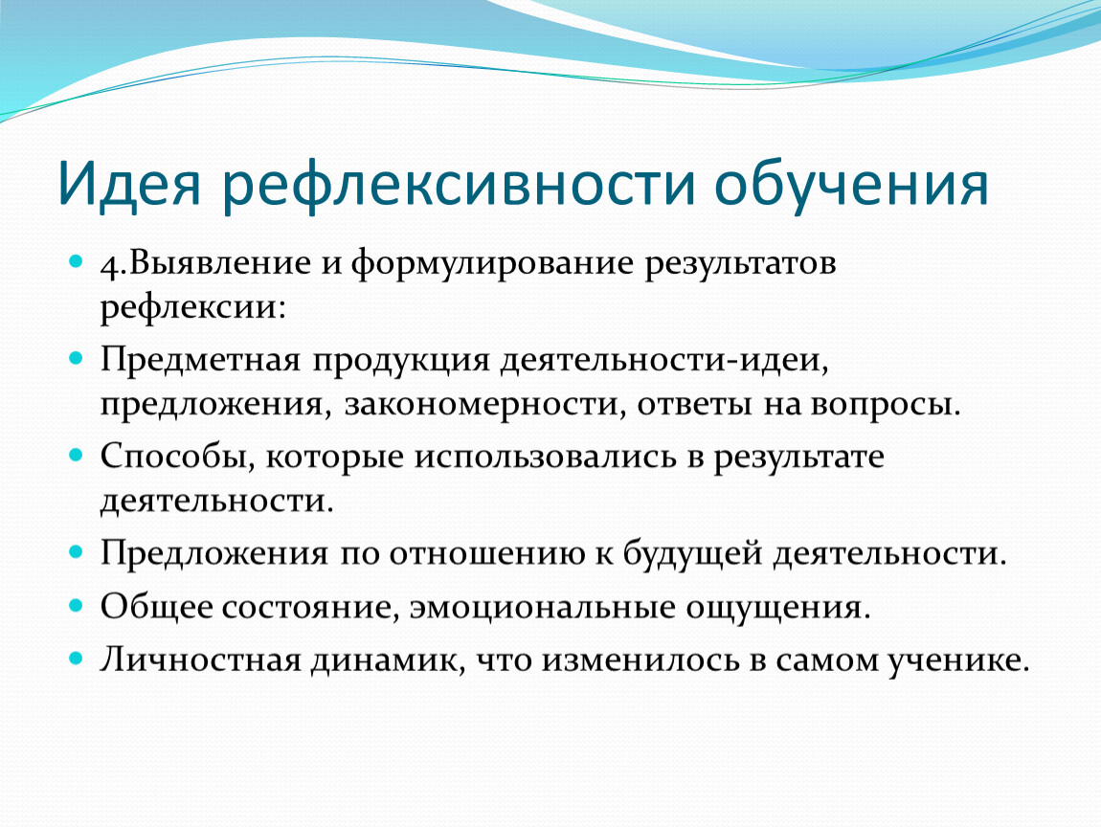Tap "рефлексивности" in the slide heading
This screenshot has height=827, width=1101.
click(x=459, y=185)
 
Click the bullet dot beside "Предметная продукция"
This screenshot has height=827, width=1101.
click(x=76, y=359)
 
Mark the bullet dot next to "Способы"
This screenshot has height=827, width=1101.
click(x=76, y=455)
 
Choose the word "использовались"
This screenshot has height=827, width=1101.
click(x=545, y=458)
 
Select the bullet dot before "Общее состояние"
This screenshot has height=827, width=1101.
click(x=76, y=604)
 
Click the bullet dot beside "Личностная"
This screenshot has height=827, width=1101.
click(x=76, y=658)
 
